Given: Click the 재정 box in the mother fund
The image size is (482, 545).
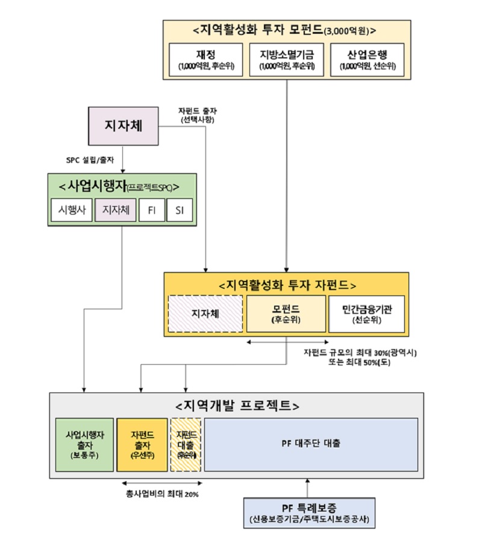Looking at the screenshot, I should coord(205,59).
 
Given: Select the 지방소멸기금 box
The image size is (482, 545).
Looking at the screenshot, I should coord(286,59).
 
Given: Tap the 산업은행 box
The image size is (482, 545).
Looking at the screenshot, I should coord(367,59).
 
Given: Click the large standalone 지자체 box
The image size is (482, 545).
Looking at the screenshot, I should coord(123,126).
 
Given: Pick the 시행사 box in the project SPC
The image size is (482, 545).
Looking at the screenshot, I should coord(71,210).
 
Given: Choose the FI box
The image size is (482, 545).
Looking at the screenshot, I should coord(151,210).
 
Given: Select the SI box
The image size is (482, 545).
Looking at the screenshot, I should coord(179,210).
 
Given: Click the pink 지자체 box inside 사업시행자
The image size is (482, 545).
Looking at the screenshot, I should coord(115,210).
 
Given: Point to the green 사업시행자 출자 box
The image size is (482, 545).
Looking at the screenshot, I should coord(84,444).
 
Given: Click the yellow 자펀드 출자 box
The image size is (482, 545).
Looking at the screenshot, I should coord(142,444).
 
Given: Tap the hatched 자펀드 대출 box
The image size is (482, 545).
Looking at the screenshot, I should coord(186,444).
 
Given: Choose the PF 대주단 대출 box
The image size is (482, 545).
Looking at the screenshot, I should coord(311,444).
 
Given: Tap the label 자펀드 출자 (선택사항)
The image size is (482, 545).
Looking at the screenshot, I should coord(199,115).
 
